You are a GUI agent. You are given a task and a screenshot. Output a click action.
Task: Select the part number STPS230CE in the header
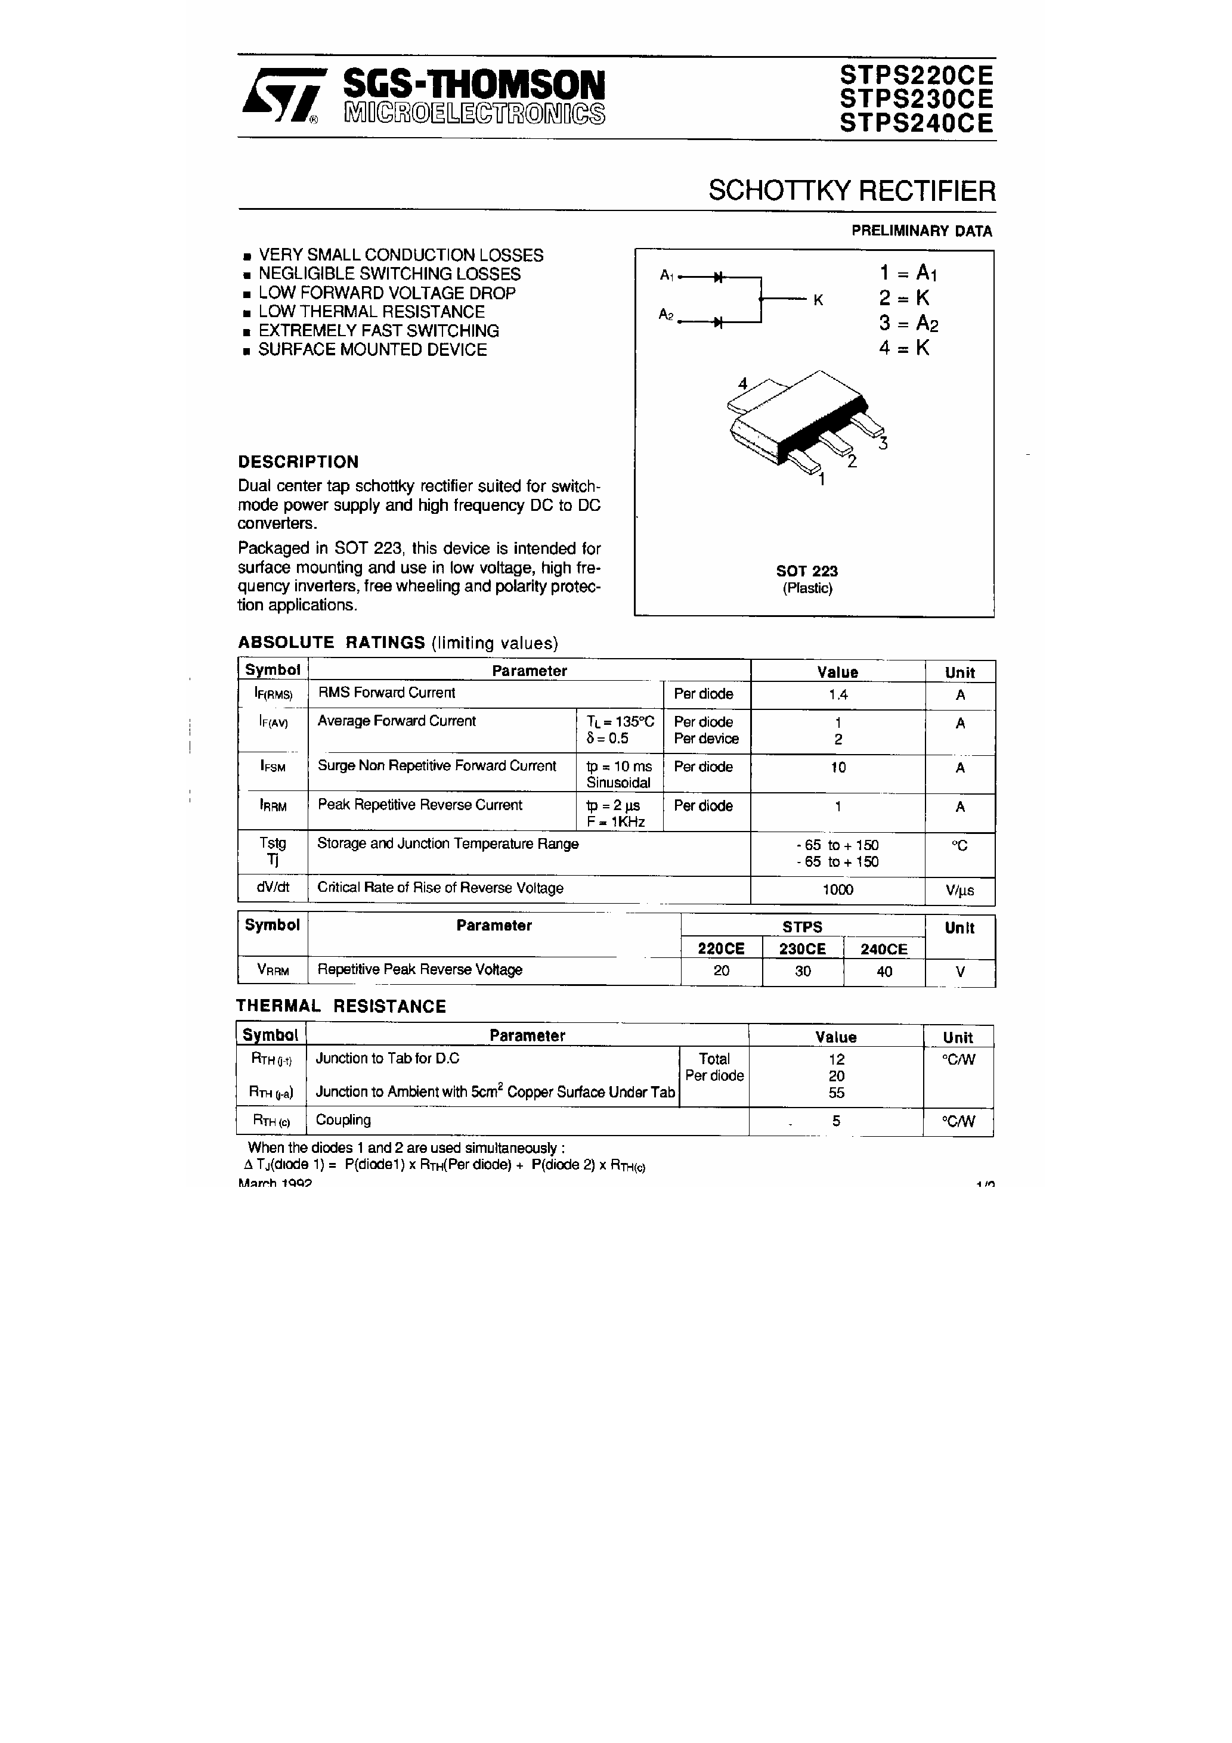(x=916, y=99)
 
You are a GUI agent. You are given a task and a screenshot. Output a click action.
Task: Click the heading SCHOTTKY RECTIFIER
(x=852, y=191)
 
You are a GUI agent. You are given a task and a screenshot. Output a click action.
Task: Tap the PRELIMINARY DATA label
(x=921, y=231)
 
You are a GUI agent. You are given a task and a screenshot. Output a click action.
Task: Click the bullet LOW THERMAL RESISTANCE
(x=371, y=312)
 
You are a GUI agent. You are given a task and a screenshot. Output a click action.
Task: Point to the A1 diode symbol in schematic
(x=718, y=277)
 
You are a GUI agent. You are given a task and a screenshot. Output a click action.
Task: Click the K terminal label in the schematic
(x=818, y=300)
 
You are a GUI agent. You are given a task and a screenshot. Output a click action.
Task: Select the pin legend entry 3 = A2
(x=908, y=324)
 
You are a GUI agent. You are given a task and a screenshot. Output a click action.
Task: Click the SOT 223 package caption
(x=807, y=571)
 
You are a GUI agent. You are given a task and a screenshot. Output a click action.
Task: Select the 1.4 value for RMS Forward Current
(x=838, y=694)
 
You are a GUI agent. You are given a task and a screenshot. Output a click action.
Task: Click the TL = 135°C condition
(x=620, y=722)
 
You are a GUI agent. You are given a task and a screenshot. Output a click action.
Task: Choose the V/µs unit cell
(x=959, y=891)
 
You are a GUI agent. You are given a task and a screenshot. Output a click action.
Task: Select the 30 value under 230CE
(x=803, y=972)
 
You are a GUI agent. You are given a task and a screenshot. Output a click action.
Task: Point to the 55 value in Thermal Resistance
(x=836, y=1093)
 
